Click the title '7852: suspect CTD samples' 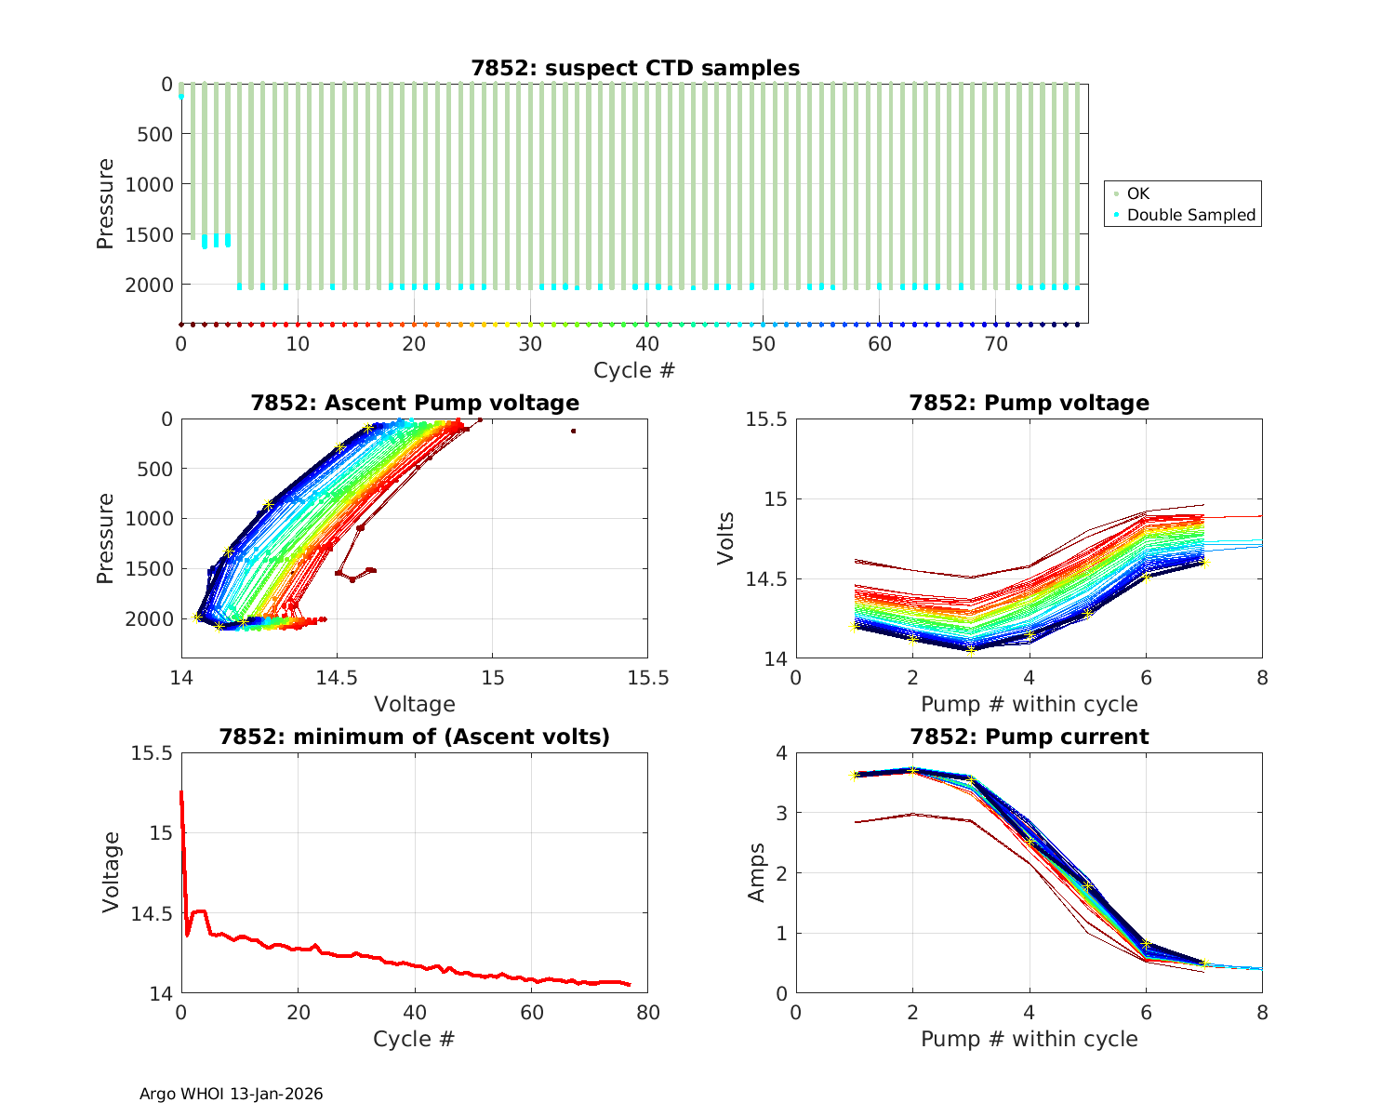point(634,68)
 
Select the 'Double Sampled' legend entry point(1190,215)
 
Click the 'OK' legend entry point(1137,193)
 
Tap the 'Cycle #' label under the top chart point(634,370)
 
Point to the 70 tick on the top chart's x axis point(995,344)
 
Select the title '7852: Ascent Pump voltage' point(414,403)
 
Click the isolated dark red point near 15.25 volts point(573,431)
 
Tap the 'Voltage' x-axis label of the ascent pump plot point(414,704)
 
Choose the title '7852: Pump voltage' point(1029,403)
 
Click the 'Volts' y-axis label point(725,538)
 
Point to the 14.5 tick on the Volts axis point(766,579)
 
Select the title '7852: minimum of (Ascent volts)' point(414,737)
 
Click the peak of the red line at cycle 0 point(181,792)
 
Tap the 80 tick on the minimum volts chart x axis point(647,1013)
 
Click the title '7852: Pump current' point(1029,737)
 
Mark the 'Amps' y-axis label point(757,872)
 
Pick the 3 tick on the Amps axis point(779,813)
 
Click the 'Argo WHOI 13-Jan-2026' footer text point(231,1094)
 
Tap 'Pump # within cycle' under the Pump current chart point(1029,1039)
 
